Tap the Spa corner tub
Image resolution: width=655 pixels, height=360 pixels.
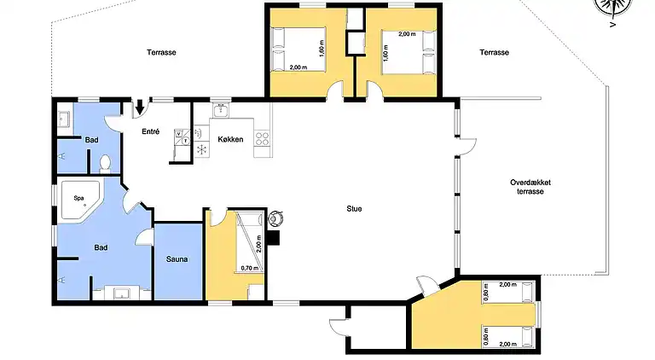click(x=78, y=200)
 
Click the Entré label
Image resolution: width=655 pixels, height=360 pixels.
click(x=151, y=131)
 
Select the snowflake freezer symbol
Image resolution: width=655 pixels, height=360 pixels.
click(x=201, y=149)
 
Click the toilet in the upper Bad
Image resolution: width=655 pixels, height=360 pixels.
click(x=105, y=162)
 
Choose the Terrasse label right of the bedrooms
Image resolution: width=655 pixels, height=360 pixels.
click(x=493, y=52)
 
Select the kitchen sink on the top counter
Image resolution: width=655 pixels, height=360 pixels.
click(x=220, y=110)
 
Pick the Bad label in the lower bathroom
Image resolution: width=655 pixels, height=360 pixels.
click(x=101, y=248)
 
